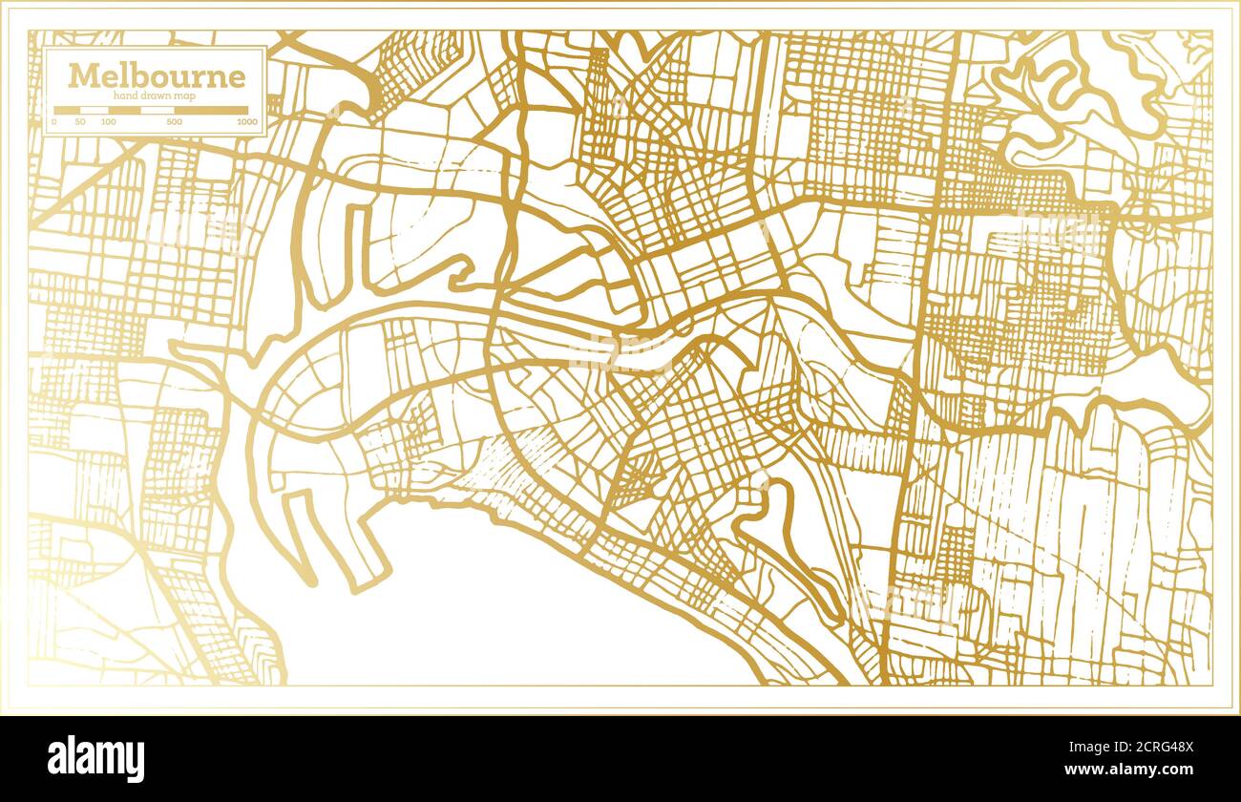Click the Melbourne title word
[156, 75]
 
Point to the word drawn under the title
[156, 95]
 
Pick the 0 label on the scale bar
[54, 122]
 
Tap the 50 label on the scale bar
[80, 122]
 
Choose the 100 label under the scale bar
[108, 122]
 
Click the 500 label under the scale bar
[174, 122]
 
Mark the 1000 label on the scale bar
[246, 122]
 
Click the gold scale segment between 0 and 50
[67, 110]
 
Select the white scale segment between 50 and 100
[94, 110]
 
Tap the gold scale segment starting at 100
[124, 110]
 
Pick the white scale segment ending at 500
[158, 110]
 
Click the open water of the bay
[496, 611]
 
